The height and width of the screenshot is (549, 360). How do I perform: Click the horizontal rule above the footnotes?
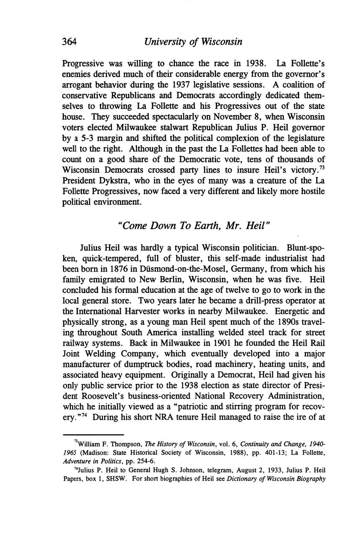pos(94,435)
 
